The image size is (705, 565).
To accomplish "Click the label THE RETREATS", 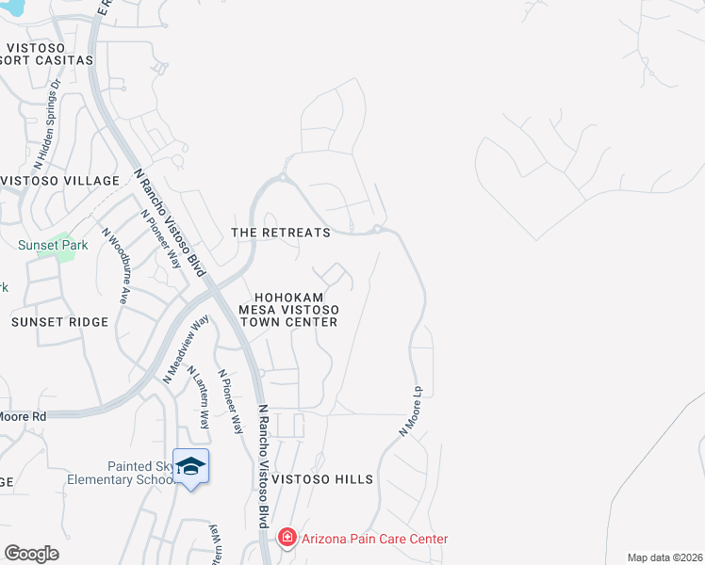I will (281, 232).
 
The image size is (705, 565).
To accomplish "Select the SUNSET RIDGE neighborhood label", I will (59, 321).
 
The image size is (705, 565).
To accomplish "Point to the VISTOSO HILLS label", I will (322, 479).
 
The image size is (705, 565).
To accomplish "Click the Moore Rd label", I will (23, 415).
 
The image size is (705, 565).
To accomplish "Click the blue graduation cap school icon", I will (191, 466).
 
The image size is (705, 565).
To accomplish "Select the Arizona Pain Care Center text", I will (373, 539).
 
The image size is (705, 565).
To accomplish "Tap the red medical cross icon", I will (287, 538).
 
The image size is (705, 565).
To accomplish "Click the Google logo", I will (31, 554).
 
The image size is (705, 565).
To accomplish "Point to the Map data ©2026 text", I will (664, 557).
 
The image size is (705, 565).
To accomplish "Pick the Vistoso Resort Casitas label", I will (47, 53).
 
